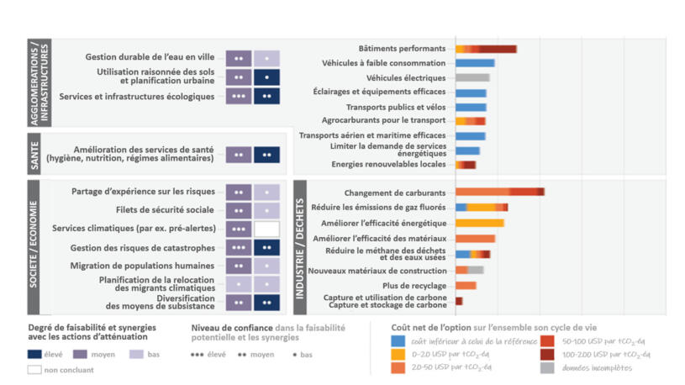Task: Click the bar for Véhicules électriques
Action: (472, 77)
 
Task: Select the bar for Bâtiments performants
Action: (486, 49)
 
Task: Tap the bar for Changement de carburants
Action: (499, 192)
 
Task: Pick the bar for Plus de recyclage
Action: (466, 285)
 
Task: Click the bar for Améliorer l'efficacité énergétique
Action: (479, 223)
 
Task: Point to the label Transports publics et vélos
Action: (396, 107)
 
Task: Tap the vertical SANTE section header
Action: (35, 155)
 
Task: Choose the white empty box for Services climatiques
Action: (266, 229)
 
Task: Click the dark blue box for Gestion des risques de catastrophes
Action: (266, 247)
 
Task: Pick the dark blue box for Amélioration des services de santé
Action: (266, 155)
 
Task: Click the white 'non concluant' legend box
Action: (34, 369)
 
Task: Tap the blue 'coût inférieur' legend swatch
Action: (400, 340)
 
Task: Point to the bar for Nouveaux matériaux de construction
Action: (469, 270)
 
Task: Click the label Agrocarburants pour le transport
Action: (386, 121)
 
